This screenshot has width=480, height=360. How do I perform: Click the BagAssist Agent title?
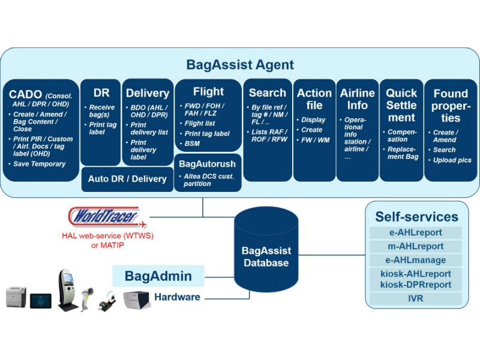(240, 64)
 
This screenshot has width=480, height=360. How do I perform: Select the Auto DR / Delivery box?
(127, 179)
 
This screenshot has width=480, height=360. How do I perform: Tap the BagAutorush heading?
(207, 163)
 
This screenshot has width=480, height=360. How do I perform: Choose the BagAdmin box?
(158, 276)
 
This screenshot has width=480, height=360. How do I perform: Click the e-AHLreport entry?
(416, 233)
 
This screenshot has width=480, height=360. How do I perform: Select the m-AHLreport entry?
(416, 247)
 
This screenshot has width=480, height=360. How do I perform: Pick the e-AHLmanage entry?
(416, 260)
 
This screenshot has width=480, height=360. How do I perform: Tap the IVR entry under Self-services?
(416, 298)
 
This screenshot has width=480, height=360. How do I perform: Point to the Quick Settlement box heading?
(401, 105)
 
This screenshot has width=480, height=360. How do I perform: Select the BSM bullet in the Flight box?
(193, 144)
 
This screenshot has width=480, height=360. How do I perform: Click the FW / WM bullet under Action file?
(316, 140)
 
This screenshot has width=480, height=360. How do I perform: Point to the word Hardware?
(177, 297)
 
